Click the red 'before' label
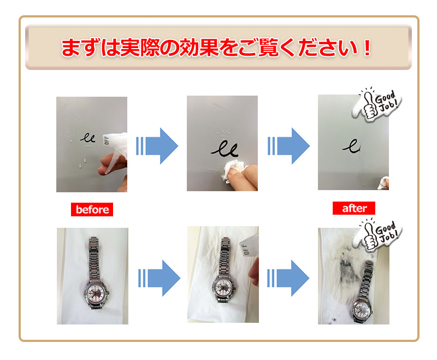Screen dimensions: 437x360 click(92, 210)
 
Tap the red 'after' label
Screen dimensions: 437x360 click(354, 208)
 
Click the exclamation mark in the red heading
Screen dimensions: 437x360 click(368, 48)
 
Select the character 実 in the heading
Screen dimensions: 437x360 click(130, 48)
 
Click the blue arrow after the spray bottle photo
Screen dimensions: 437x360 click(157, 146)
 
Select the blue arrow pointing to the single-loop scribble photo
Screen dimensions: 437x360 click(289, 146)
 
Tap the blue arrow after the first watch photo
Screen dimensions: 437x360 click(159, 278)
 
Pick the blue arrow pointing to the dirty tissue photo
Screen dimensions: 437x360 click(288, 278)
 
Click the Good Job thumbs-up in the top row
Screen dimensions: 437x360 click(377, 104)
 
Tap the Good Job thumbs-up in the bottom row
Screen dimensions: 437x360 click(377, 234)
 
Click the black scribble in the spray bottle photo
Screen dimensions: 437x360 click(88, 138)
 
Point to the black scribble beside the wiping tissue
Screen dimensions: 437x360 click(225, 149)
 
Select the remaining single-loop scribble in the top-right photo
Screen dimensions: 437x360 click(351, 146)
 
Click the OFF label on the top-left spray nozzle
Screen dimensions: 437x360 click(106, 140)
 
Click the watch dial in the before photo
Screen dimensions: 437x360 click(96, 293)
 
